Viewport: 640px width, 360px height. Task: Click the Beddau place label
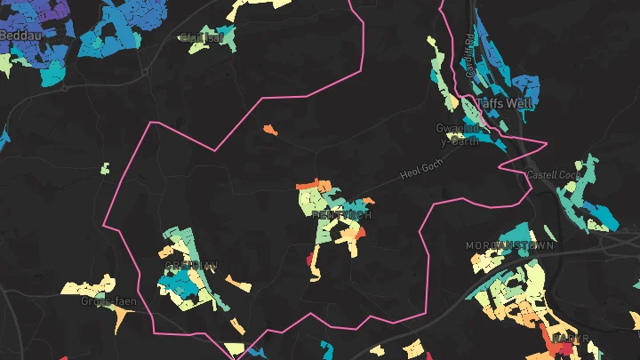pos(15,34)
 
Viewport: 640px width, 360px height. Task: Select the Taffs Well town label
pos(508,102)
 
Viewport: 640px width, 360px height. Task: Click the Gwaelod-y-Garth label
pos(460,132)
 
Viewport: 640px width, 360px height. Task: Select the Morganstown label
pos(510,244)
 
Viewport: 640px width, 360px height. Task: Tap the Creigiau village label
pos(190,265)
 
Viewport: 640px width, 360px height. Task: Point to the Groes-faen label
pos(108,301)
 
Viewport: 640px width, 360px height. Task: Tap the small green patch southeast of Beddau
pos(105,168)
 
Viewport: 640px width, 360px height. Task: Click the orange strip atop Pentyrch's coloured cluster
pos(308,186)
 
